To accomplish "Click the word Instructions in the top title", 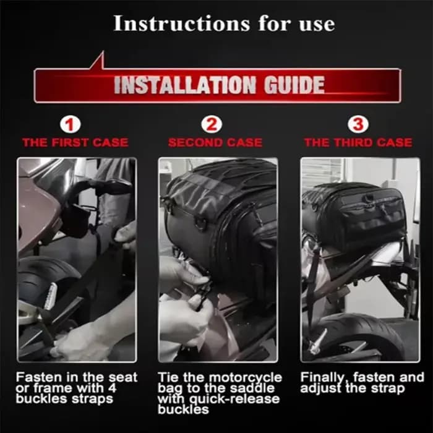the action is click(x=182, y=24).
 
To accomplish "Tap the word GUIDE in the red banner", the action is click(x=294, y=85).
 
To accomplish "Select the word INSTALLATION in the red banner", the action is click(x=185, y=85).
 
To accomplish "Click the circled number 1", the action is click(x=71, y=124).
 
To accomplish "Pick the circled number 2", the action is click(x=212, y=124).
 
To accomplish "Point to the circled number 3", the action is click(x=358, y=124).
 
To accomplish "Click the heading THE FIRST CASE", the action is click(x=75, y=142).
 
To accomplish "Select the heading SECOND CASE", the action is click(x=215, y=142).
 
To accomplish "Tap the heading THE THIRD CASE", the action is click(x=358, y=142).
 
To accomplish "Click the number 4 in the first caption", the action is click(x=112, y=388).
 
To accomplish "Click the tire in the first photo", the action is click(x=41, y=279).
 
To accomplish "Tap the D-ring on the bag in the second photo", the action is click(x=202, y=223).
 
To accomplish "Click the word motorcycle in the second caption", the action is click(x=245, y=377).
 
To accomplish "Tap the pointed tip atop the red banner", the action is click(x=103, y=51).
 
